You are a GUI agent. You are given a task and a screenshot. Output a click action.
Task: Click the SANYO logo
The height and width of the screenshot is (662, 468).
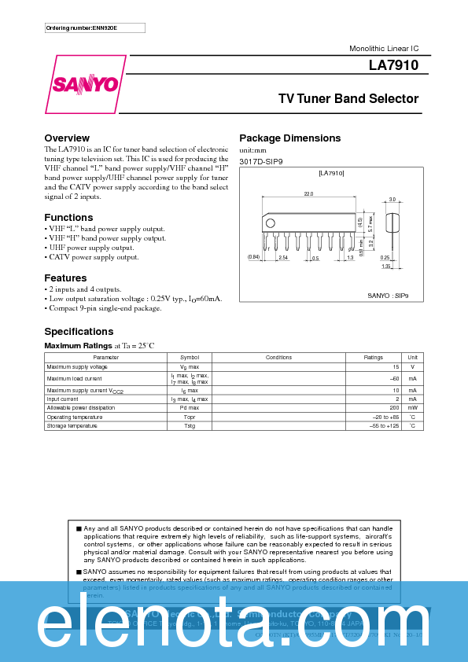tap(86, 83)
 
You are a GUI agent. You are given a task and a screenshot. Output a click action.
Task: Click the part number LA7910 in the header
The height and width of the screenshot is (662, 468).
tap(393, 66)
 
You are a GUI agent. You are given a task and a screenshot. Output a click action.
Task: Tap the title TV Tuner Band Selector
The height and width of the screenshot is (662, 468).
tap(348, 99)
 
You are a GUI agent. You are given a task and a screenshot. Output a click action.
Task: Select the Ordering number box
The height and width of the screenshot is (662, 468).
tap(95, 28)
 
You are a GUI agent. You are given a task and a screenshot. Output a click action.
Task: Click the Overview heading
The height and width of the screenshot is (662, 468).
tap(67, 138)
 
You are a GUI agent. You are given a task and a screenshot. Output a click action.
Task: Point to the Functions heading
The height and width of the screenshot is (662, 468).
tap(68, 217)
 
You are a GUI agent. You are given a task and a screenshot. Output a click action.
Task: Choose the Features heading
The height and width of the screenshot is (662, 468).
tap(65, 278)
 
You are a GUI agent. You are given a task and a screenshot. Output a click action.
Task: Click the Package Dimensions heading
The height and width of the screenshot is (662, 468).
tap(289, 138)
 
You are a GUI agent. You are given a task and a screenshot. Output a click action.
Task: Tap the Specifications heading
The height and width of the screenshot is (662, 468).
tap(79, 331)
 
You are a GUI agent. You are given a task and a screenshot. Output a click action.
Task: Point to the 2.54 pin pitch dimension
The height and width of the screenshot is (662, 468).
tap(283, 257)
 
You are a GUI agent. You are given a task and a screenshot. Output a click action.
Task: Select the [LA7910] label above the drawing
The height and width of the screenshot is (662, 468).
tap(331, 172)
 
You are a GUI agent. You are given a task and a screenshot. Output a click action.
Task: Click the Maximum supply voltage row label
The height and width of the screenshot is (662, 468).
tap(77, 367)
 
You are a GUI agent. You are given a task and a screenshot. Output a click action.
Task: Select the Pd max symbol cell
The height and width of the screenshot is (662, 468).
tap(190, 408)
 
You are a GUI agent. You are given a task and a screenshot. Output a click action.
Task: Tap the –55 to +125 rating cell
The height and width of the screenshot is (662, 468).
tap(385, 425)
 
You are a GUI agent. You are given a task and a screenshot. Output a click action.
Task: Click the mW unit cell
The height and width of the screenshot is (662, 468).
tap(412, 408)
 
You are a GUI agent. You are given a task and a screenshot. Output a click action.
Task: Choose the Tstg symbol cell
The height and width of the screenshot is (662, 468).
tap(190, 425)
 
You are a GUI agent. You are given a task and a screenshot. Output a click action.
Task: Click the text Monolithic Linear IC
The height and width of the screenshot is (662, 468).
tap(384, 49)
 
